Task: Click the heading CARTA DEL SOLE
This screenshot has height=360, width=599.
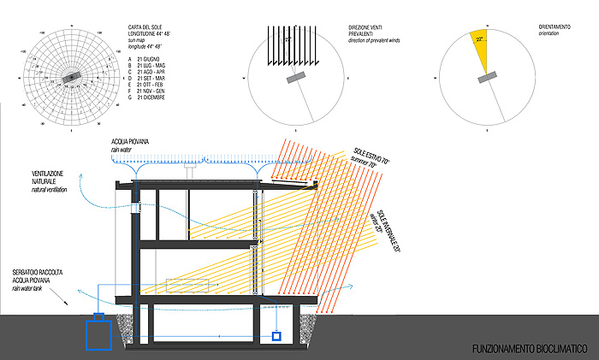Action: pos(140,28)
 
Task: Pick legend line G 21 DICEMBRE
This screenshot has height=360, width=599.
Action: pos(142,97)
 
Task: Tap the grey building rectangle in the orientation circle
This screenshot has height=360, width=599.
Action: pos(488,78)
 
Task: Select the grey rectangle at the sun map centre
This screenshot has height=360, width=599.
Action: pos(72,77)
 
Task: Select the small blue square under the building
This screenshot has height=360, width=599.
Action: pos(276,336)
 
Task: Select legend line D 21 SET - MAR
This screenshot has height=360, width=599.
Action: pos(144,78)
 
